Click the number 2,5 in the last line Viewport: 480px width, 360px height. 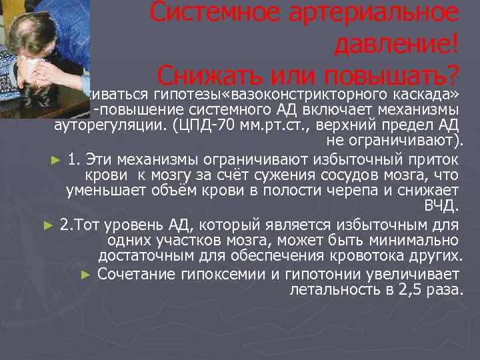(x=407, y=289)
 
